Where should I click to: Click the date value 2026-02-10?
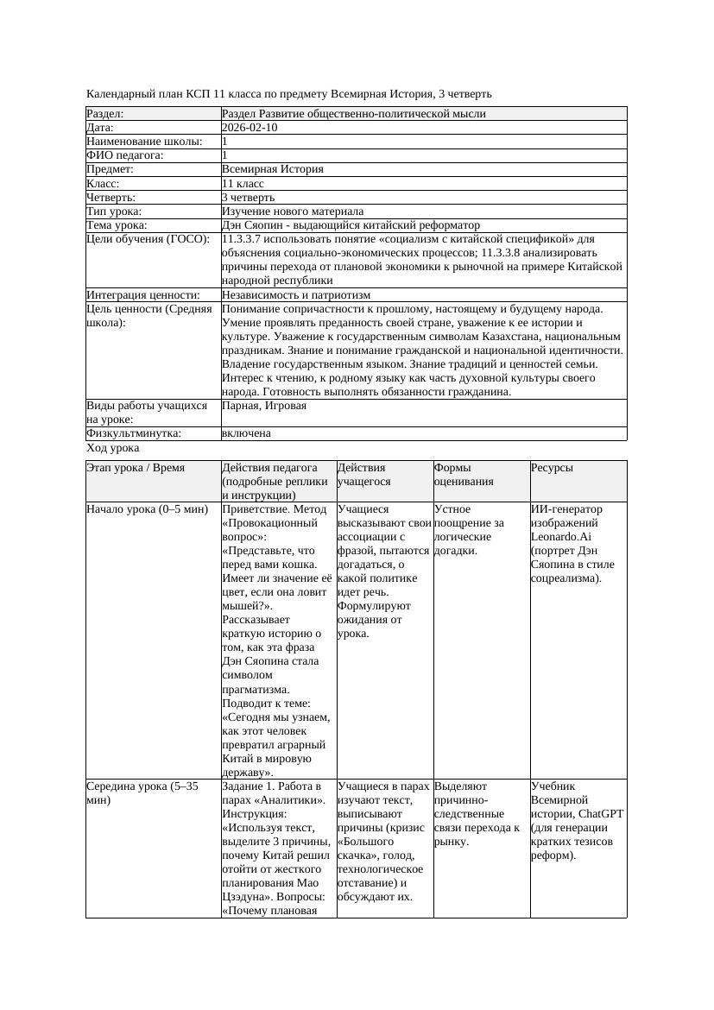point(250,128)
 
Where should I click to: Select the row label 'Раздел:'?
point(105,114)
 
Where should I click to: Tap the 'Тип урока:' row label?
point(114,211)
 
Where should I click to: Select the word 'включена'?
point(246,433)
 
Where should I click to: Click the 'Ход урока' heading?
point(112,448)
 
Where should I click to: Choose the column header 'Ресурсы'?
point(553,468)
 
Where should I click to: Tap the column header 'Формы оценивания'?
point(464,475)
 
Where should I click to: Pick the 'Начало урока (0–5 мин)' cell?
point(148,509)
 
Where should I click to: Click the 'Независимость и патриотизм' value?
point(296,295)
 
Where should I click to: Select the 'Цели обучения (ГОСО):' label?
point(148,239)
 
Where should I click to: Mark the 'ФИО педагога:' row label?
point(125,155)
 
